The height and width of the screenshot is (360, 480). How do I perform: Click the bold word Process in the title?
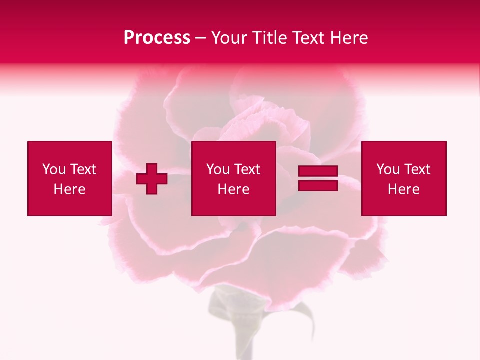[x=157, y=38]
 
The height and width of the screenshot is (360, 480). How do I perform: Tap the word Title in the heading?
[x=269, y=38]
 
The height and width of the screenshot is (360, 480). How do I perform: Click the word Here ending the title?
[x=349, y=38]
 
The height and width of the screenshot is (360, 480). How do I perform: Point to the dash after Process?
[x=201, y=38]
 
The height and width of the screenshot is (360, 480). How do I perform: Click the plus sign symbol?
[x=152, y=179]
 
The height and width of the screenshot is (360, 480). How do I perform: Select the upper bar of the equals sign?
[x=318, y=172]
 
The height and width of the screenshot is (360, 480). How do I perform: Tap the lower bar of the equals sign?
[x=318, y=185]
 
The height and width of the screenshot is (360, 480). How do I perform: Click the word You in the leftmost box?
[x=54, y=169]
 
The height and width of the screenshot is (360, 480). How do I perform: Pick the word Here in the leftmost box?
[x=69, y=189]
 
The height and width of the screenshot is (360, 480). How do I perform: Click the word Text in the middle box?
[x=247, y=169]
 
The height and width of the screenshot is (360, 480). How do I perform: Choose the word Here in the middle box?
[x=233, y=189]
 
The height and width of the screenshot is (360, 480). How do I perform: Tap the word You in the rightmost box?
[x=388, y=169]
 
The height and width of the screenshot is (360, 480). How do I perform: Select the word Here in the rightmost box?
[x=403, y=189]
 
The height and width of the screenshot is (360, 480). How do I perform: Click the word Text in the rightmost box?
[x=417, y=169]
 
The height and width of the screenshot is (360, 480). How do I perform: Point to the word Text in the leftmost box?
[x=83, y=169]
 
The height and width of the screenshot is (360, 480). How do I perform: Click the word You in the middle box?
[x=218, y=169]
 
